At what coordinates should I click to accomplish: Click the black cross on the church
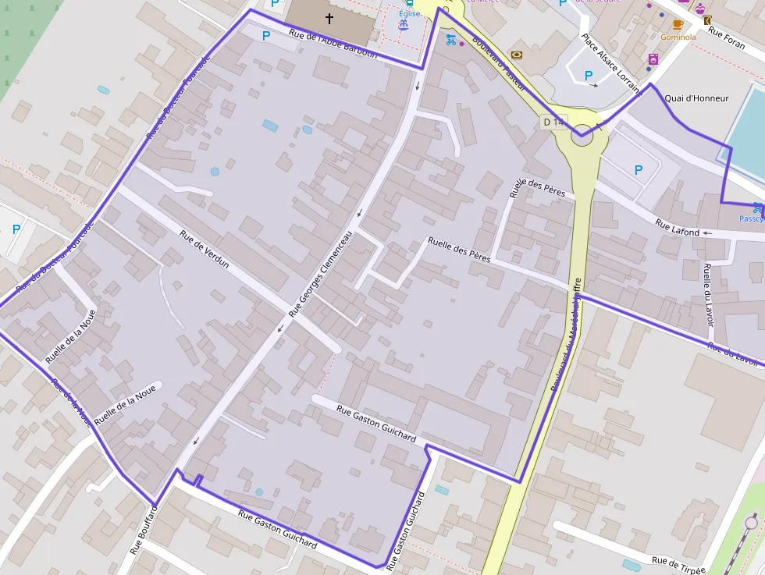pyautogui.click(x=329, y=19)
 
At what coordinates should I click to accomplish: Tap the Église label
pyautogui.click(x=409, y=13)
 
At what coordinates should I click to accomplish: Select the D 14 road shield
pyautogui.click(x=553, y=122)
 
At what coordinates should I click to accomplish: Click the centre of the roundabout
pyautogui.click(x=582, y=138)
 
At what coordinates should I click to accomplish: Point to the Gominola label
pyautogui.click(x=678, y=37)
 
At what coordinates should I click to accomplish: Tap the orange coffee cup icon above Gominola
pyautogui.click(x=678, y=24)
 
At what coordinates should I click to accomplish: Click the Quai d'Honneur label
pyautogui.click(x=696, y=98)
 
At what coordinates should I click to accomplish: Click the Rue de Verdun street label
pyautogui.click(x=204, y=249)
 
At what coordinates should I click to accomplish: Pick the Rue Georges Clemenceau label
pyautogui.click(x=321, y=274)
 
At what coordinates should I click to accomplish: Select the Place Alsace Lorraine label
pyautogui.click(x=610, y=59)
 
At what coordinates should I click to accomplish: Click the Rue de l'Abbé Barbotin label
pyautogui.click(x=333, y=44)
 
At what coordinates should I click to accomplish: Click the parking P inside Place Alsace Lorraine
pyautogui.click(x=589, y=76)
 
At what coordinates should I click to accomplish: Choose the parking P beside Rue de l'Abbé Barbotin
pyautogui.click(x=265, y=35)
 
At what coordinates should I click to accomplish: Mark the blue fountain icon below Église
pyautogui.click(x=404, y=26)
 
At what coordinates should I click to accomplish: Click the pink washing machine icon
pyautogui.click(x=653, y=59)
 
